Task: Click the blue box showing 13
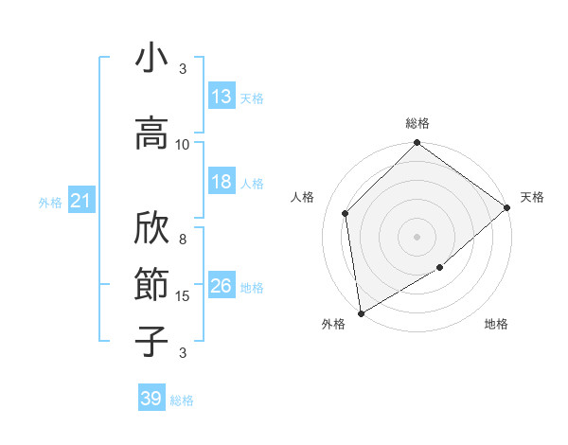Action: [x=222, y=97]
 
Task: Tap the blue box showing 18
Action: [x=222, y=183]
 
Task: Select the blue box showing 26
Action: [x=222, y=286]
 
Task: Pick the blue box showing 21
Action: [x=81, y=201]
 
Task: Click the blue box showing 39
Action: [x=151, y=399]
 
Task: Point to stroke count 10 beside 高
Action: [x=183, y=144]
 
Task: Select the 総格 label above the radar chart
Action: [x=417, y=123]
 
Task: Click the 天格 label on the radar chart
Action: [x=533, y=197]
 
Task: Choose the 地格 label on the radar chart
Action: [x=496, y=325]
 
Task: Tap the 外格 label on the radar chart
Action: [x=333, y=325]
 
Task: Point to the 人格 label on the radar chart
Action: [x=303, y=197]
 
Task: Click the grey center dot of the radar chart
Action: [x=417, y=237]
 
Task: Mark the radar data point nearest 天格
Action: [x=507, y=207]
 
